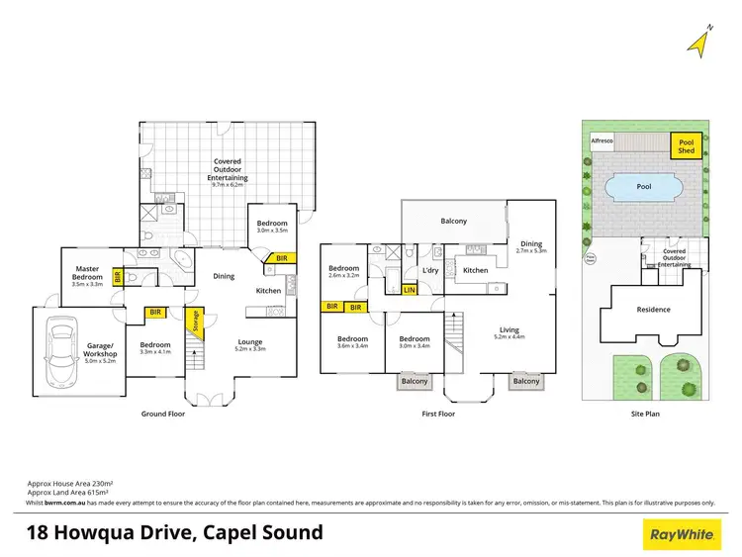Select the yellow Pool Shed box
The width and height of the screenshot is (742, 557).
[687, 146]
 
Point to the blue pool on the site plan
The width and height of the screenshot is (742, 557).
[644, 187]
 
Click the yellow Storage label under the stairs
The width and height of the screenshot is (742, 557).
[194, 322]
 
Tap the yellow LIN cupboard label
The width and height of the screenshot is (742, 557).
[410, 290]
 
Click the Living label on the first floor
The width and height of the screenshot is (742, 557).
[509, 330]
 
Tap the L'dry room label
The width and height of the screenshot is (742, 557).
[430, 270]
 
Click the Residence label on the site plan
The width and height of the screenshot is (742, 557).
[653, 309]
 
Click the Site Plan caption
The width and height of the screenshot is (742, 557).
[645, 414]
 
